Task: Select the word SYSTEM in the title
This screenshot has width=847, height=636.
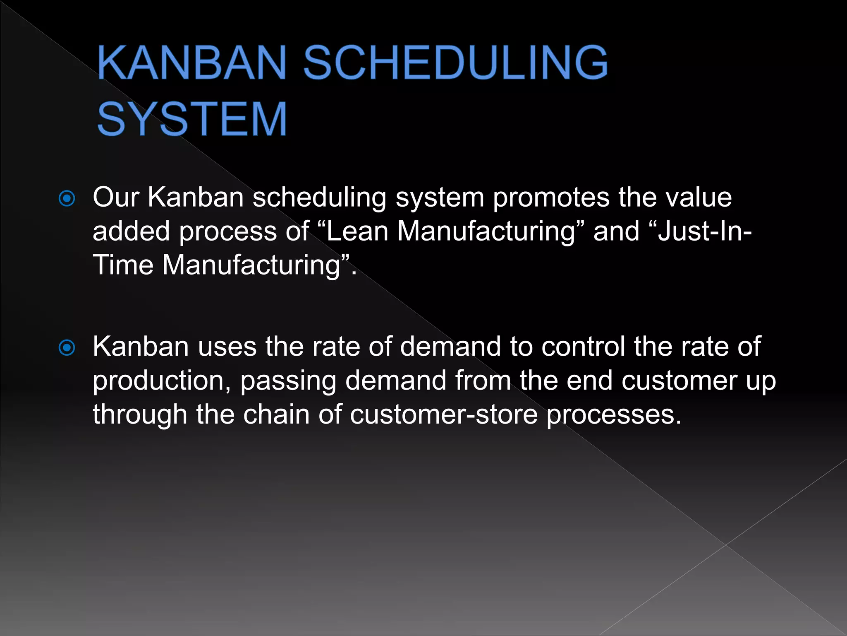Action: click(x=192, y=119)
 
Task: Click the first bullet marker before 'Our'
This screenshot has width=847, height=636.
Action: click(x=67, y=199)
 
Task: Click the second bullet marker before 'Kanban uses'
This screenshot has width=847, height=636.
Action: click(x=67, y=348)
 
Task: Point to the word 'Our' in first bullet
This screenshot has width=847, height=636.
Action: click(x=116, y=197)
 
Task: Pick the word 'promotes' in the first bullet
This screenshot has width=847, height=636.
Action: click(x=550, y=198)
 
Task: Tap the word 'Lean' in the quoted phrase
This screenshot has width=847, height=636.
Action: click(x=357, y=231)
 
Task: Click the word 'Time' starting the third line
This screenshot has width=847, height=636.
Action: click(x=123, y=265)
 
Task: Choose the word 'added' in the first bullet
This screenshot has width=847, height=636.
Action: click(x=131, y=231)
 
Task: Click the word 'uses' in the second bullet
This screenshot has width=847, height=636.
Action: click(x=227, y=347)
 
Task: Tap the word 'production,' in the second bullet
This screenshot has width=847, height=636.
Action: click(x=162, y=381)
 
